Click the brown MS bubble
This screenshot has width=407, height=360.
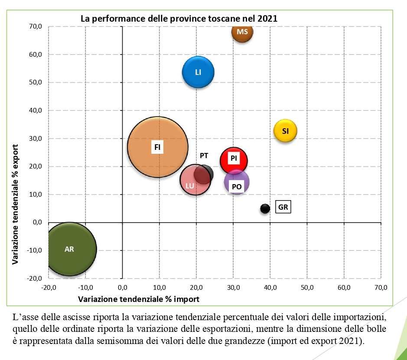[x=242, y=32]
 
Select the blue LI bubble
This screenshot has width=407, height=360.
[x=198, y=72]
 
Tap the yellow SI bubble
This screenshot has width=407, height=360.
[x=285, y=130]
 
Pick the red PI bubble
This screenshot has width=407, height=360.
[x=234, y=160]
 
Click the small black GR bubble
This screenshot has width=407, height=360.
[x=265, y=208]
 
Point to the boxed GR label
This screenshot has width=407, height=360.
[x=283, y=208]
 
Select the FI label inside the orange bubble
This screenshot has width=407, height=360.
[x=157, y=147]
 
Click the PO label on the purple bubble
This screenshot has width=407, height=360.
[x=237, y=187]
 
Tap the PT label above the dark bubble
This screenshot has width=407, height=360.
[x=204, y=156]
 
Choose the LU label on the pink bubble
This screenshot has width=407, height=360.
[x=189, y=186]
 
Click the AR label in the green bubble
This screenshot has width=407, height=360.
[x=69, y=249]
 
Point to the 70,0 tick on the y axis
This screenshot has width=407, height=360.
[x=36, y=26]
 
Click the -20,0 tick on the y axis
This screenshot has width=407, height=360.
[x=35, y=278]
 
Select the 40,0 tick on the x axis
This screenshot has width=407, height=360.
[x=270, y=287]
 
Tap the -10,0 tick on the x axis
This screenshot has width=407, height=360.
[x=85, y=287]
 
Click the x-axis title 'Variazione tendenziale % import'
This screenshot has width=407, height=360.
[x=138, y=299]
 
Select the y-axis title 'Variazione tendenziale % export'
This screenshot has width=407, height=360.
[x=15, y=204]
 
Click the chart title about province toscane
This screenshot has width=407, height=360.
[x=179, y=19]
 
